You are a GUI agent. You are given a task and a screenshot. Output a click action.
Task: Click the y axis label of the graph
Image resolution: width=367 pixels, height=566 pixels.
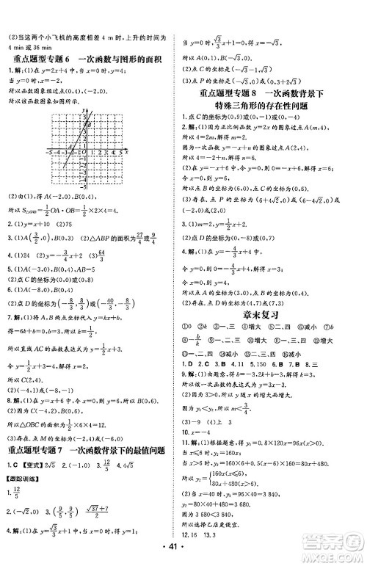[86, 109]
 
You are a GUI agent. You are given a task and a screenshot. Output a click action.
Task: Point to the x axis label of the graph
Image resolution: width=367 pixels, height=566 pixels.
[127, 150]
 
